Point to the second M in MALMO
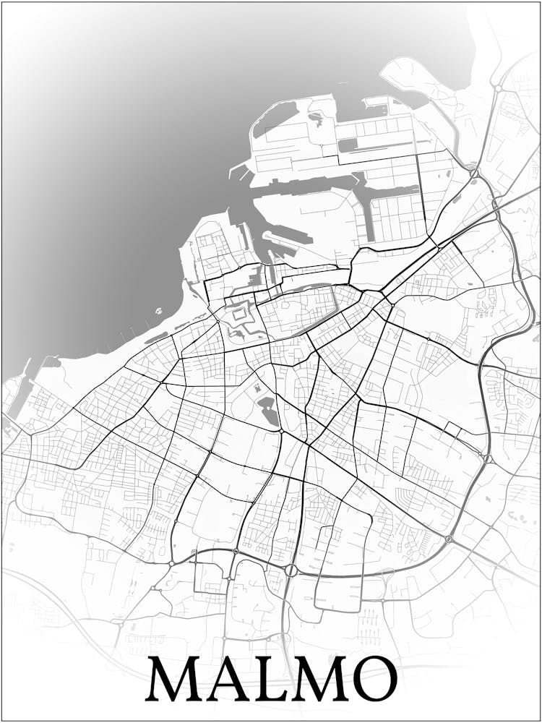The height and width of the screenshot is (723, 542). point(322,680)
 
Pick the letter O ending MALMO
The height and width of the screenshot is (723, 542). point(375,680)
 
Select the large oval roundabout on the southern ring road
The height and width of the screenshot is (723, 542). point(291,570)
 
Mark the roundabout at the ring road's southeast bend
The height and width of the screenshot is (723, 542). point(449,539)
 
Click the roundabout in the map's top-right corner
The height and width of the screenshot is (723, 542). point(498,87)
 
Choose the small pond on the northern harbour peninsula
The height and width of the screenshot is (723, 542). point(316,116)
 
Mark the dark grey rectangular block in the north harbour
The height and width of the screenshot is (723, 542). point(348,145)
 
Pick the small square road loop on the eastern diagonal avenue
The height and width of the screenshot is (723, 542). point(453,428)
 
